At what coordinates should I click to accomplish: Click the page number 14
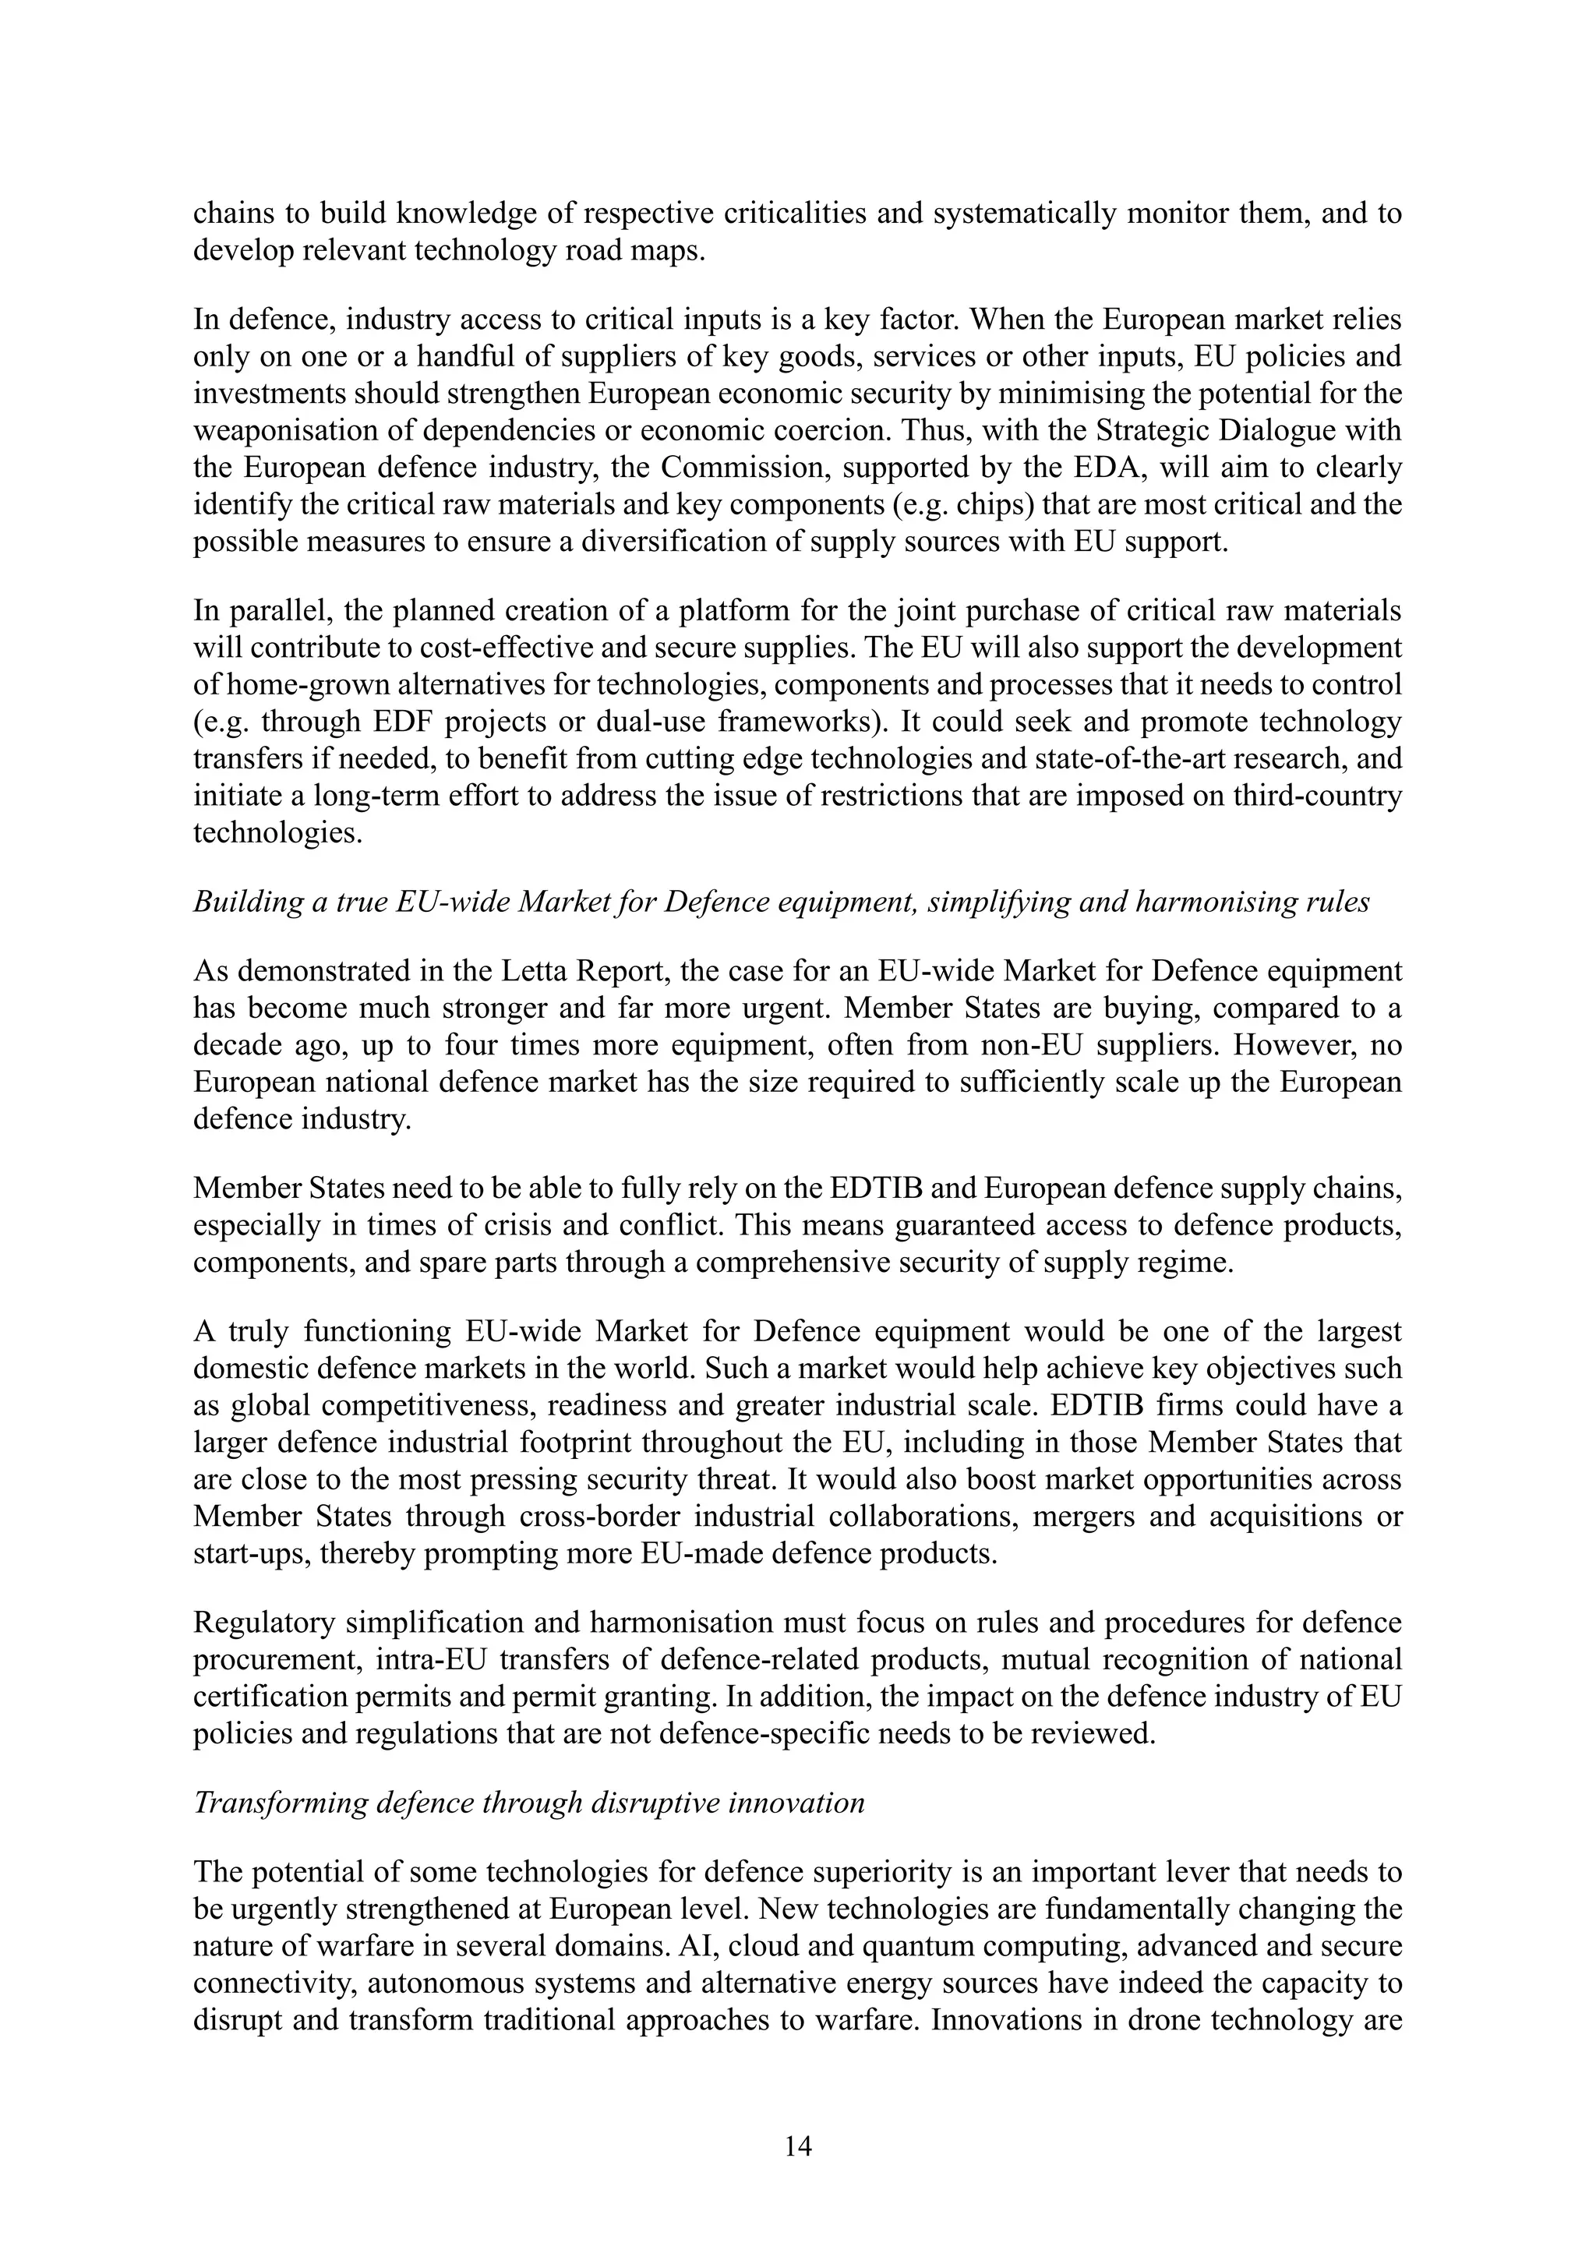pos(798,2145)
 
